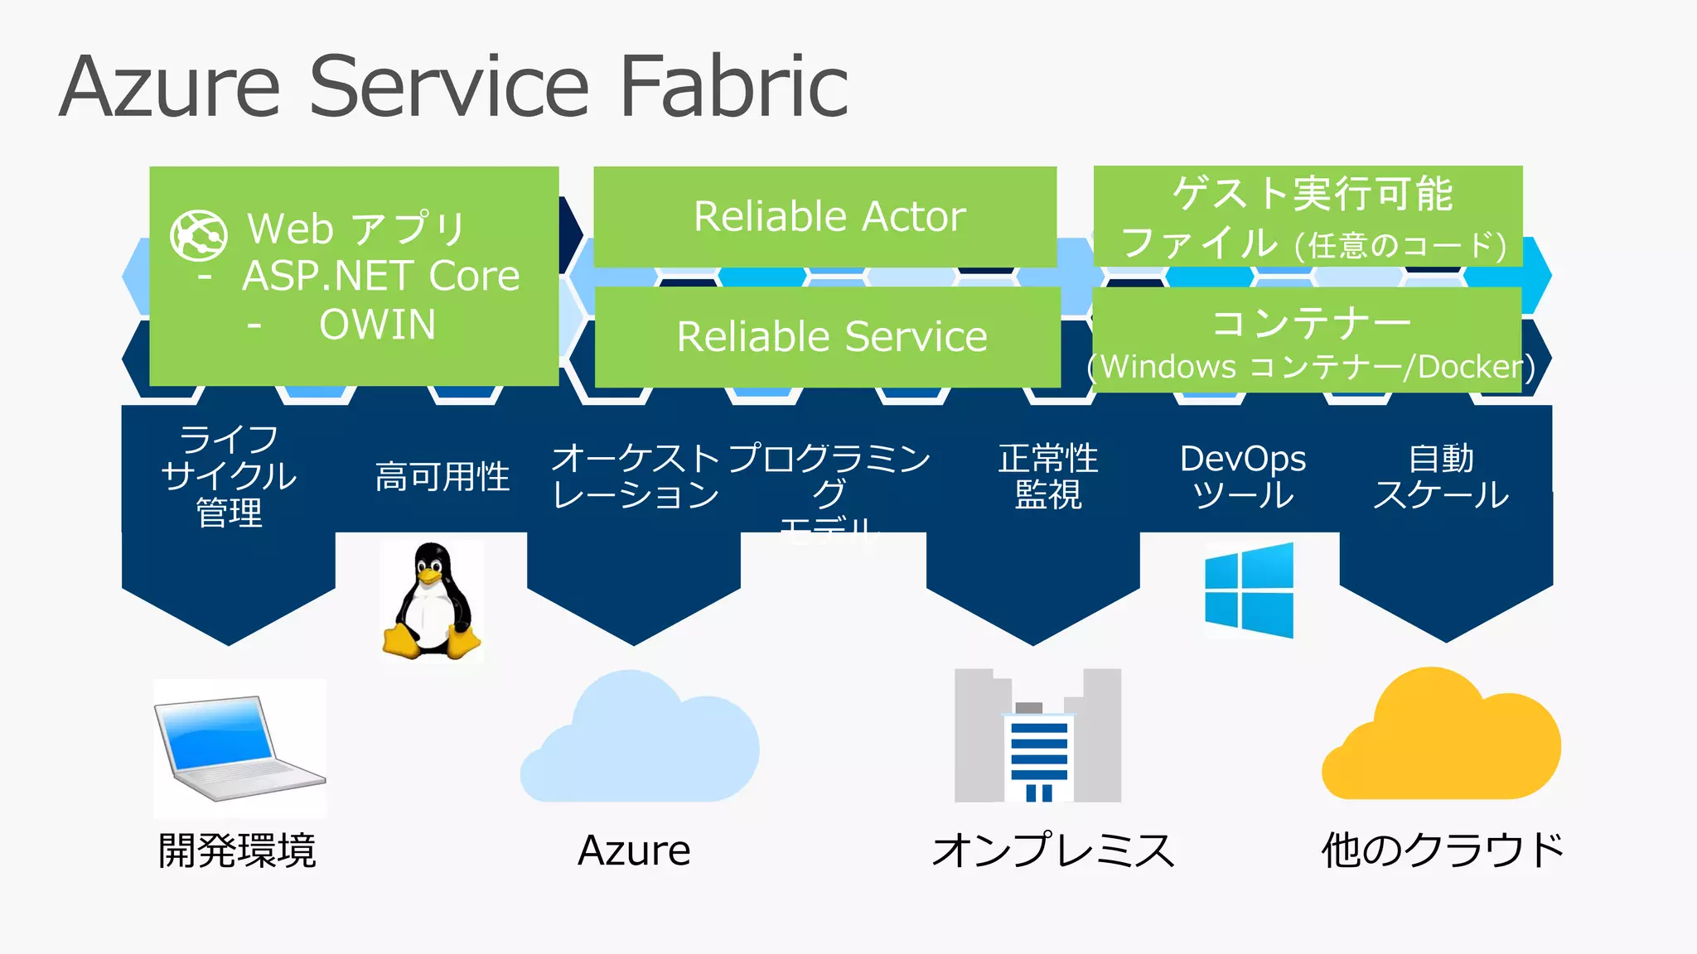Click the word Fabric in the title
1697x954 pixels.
click(733, 86)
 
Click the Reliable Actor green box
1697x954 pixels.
click(825, 216)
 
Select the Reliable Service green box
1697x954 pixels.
click(829, 336)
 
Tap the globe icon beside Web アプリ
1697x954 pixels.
click(199, 235)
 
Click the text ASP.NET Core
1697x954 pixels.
click(380, 276)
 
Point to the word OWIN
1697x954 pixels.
click(377, 325)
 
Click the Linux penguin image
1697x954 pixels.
click(432, 600)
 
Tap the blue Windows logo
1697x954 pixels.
click(1249, 590)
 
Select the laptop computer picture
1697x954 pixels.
click(239, 747)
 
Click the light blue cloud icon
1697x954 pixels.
click(639, 739)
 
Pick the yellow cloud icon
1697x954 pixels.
click(1441, 737)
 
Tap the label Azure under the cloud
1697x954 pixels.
click(634, 850)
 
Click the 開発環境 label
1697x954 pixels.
click(237, 850)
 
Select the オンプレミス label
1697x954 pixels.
click(1053, 850)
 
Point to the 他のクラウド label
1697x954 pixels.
click(1442, 850)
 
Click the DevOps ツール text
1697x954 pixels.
click(1242, 476)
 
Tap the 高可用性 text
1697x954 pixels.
click(442, 477)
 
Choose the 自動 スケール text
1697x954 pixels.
click(1441, 476)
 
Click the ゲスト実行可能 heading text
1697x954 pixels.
click(1312, 194)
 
